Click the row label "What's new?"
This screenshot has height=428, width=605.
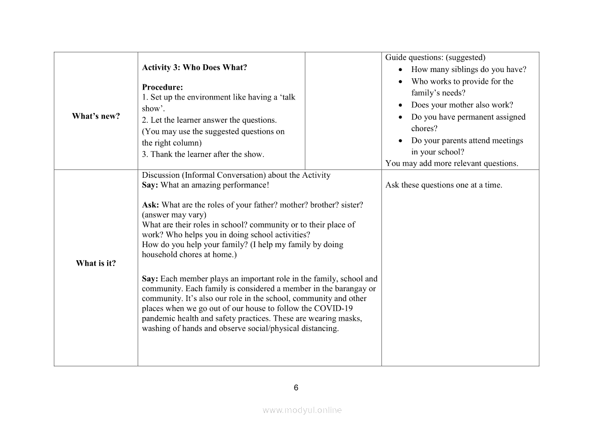pyautogui.click(x=96, y=116)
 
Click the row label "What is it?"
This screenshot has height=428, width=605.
pyautogui.click(x=96, y=263)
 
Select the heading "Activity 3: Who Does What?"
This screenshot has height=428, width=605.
pyautogui.click(x=195, y=67)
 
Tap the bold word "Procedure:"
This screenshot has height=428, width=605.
pyautogui.click(x=163, y=87)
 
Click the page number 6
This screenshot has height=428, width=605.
pyautogui.click(x=296, y=388)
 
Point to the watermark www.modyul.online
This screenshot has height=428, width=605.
pyautogui.click(x=302, y=410)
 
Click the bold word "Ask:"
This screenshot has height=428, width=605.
pyautogui.click(x=151, y=205)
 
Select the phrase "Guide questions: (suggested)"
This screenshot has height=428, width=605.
pyautogui.click(x=435, y=58)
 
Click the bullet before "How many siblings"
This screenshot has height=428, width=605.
pyautogui.click(x=401, y=69)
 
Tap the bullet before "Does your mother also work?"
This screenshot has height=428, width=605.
pyautogui.click(x=401, y=105)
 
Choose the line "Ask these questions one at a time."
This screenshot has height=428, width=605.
pyautogui.click(x=444, y=185)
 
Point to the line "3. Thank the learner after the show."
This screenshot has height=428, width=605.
pyautogui.click(x=203, y=154)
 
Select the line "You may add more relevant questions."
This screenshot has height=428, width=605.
pyautogui.click(x=452, y=163)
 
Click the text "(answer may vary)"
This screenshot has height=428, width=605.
pyautogui.click(x=174, y=215)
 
